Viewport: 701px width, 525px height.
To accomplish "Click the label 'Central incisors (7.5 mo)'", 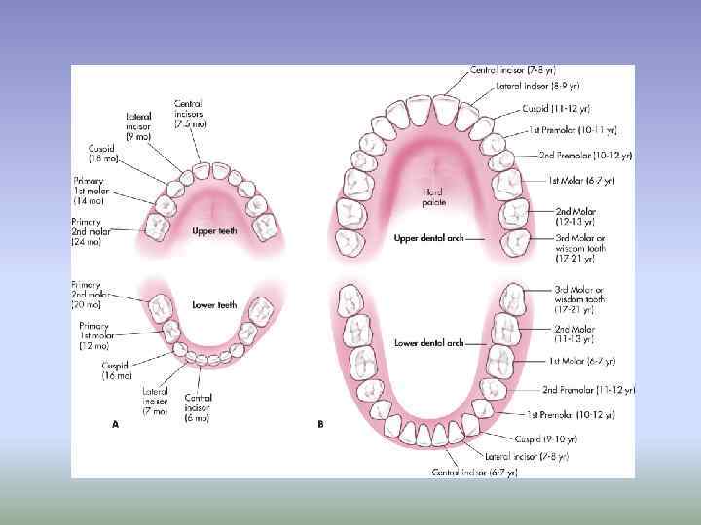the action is point(188,113).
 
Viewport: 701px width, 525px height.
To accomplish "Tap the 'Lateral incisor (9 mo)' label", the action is point(138,126).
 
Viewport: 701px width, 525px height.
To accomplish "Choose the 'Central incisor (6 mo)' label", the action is point(199,407).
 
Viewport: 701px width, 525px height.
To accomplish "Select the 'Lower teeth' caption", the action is point(214,305).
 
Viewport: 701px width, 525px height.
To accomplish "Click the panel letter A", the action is point(116,424).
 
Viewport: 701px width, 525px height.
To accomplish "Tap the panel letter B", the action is point(320,424).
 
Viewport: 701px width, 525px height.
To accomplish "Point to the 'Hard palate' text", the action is point(434,197).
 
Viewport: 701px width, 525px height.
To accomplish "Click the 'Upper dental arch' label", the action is point(427,238).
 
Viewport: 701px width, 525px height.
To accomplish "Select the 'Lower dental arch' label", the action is point(428,343).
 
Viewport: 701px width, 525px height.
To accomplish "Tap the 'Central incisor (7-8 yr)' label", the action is point(513,70).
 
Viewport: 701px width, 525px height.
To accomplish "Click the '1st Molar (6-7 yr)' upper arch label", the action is point(581,181).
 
